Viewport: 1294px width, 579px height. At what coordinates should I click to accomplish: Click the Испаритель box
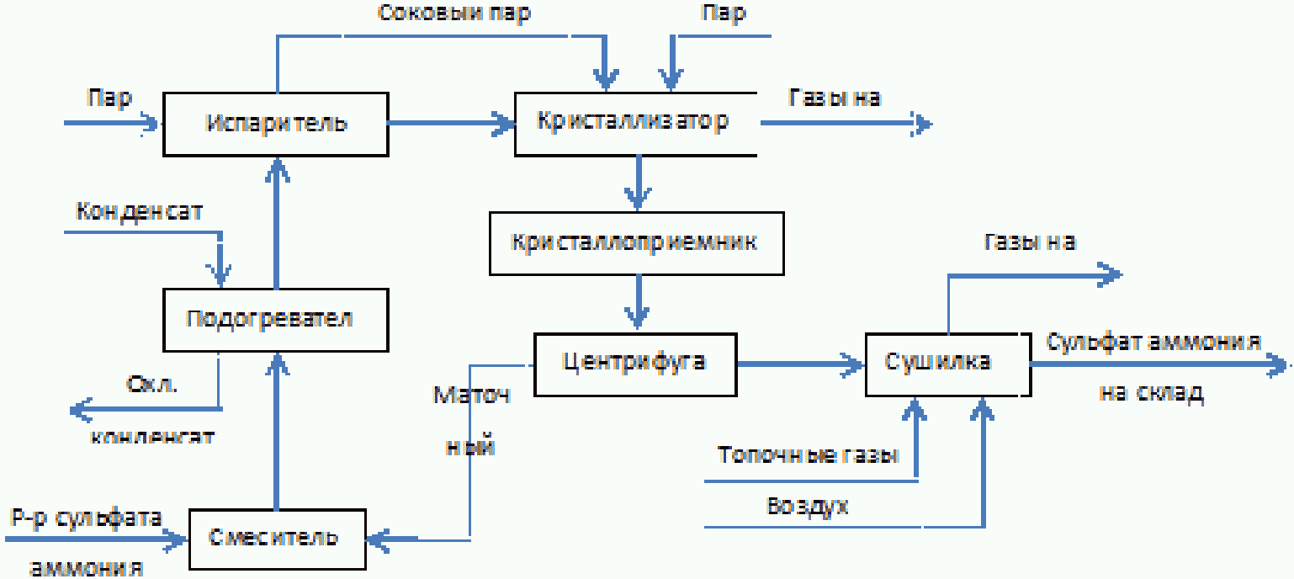click(x=276, y=124)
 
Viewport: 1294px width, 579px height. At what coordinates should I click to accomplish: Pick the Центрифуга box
click(x=635, y=364)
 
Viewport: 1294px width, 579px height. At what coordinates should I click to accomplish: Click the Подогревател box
click(x=276, y=321)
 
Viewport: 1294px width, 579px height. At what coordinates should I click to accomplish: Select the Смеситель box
click(x=276, y=537)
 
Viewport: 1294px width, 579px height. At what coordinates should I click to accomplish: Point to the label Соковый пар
click(x=454, y=14)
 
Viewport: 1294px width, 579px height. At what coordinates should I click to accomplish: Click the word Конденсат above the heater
click(x=139, y=210)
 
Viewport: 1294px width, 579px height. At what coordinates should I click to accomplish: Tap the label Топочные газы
click(x=809, y=455)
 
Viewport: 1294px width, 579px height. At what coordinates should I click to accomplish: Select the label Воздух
click(x=808, y=506)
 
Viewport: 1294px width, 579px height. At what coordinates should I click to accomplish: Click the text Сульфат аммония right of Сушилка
click(x=1153, y=343)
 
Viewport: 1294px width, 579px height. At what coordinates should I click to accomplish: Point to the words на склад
click(x=1151, y=393)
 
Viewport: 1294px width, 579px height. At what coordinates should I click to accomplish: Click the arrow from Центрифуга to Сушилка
click(x=800, y=364)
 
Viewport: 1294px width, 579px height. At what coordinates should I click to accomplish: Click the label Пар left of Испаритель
click(x=110, y=98)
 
